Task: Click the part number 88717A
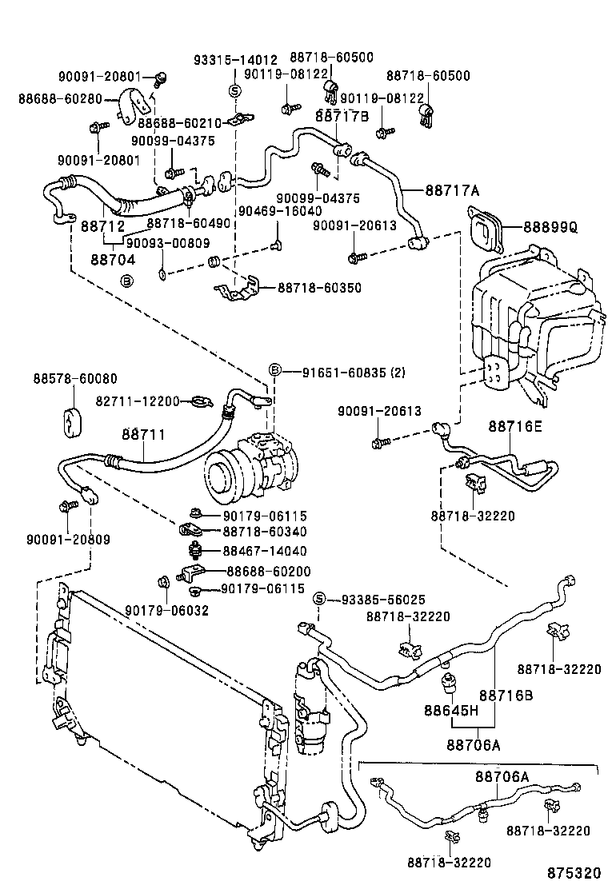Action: coord(451,190)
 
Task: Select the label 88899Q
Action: coord(550,227)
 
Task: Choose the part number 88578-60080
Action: coord(74,378)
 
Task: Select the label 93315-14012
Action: coord(235,61)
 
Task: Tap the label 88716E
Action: coord(514,426)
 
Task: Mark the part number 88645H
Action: coord(450,710)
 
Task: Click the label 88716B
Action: coord(506,696)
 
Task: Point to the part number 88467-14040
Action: coord(264,551)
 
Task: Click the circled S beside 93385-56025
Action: coord(318,599)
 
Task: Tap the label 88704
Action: coord(112,260)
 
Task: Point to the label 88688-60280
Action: coord(60,99)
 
